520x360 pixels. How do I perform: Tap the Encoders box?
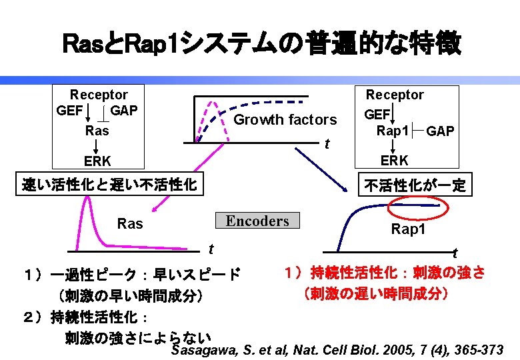tap(257, 221)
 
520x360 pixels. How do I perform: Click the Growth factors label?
tap(285, 120)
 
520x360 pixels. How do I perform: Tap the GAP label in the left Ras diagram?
tap(123, 110)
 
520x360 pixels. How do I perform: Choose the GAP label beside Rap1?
tap(441, 131)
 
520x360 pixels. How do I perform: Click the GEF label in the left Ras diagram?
tap(70, 110)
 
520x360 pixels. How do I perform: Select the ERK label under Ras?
tap(97, 161)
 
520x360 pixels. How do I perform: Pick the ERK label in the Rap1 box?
tap(395, 160)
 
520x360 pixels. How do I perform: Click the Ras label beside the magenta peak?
tap(130, 224)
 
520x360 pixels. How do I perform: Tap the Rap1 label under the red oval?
tap(409, 230)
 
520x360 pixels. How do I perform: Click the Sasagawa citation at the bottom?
tap(337, 350)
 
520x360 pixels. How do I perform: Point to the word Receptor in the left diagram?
tap(99, 95)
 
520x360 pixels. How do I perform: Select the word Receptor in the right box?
tap(395, 95)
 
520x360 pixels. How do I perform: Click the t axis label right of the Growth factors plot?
tap(327, 145)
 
